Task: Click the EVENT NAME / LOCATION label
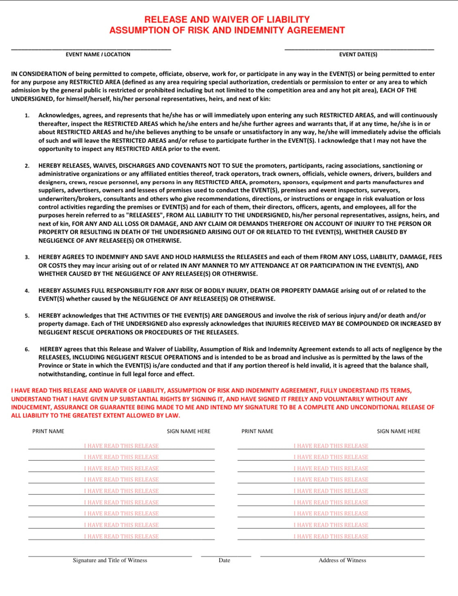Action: point(98,54)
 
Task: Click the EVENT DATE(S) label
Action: point(358,54)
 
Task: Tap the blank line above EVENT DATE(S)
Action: point(359,50)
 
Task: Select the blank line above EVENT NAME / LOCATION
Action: point(91,50)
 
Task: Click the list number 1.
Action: point(27,116)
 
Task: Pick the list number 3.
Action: point(27,257)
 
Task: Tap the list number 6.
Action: point(27,349)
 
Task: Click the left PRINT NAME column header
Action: point(48,431)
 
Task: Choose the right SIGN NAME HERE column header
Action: point(399,431)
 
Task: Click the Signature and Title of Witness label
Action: point(110,560)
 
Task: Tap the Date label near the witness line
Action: point(224,560)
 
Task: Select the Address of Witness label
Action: point(342,560)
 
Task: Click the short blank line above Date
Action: point(226,556)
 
